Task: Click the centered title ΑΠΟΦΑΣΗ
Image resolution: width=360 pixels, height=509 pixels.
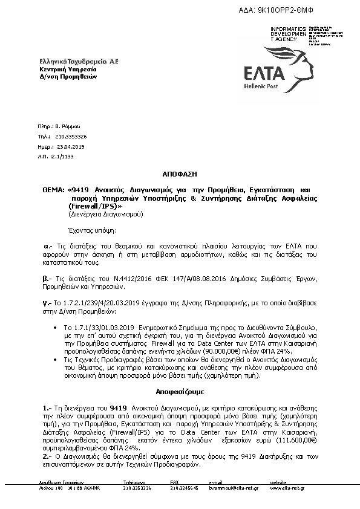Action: [x=180, y=173]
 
